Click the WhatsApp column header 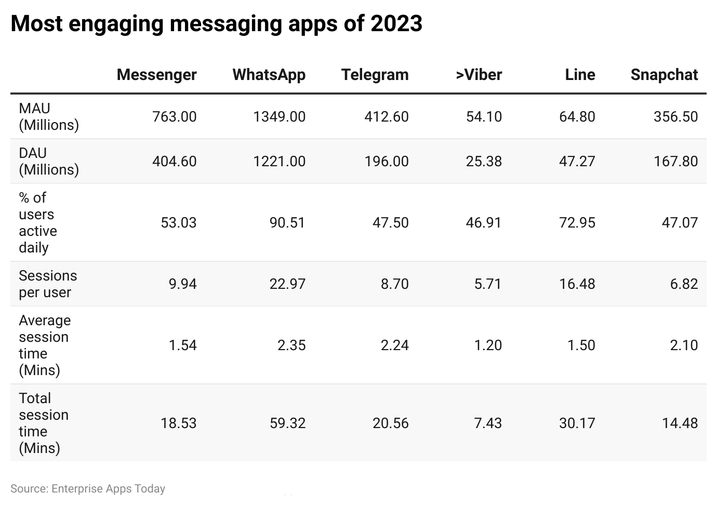[269, 75]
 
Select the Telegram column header [375, 75]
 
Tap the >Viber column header [479, 75]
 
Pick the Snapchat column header [664, 75]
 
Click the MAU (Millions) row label [49, 116]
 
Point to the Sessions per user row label [48, 284]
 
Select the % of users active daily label [38, 222]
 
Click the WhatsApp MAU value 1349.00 [279, 116]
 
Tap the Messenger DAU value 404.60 [174, 161]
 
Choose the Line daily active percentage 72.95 [577, 222]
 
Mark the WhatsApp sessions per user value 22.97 [287, 284]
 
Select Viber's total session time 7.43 [488, 423]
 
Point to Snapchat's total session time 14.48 [680, 423]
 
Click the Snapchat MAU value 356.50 [675, 116]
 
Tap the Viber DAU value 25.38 [484, 161]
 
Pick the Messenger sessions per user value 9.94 [182, 284]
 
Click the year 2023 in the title [396, 24]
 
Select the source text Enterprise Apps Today [108, 488]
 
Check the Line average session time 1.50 [581, 345]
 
